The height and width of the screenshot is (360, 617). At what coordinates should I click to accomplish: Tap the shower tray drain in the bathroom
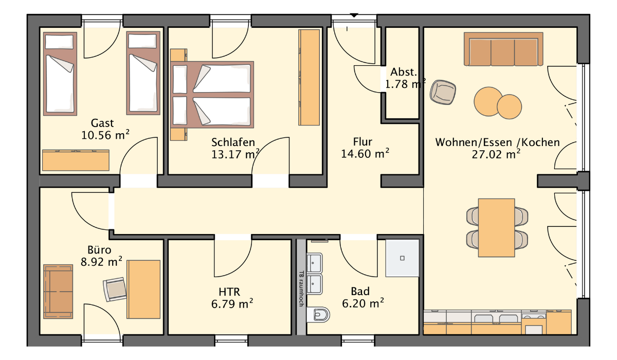(402, 258)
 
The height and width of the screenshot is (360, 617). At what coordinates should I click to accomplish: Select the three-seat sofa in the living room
(503, 49)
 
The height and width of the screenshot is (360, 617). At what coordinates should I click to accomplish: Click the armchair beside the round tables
(443, 92)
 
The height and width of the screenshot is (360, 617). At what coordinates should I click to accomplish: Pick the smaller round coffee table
(510, 106)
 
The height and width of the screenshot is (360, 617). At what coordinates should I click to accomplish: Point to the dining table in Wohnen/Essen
(496, 228)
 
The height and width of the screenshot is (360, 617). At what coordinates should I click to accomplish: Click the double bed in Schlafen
(212, 95)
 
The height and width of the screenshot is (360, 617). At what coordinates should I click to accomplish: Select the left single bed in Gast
(60, 74)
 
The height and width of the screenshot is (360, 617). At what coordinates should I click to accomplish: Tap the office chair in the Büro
(115, 289)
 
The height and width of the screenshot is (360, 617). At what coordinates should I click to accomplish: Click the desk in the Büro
(143, 289)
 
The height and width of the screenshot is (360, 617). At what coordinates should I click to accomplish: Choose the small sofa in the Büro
(58, 292)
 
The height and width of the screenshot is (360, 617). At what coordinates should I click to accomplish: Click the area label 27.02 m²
(496, 154)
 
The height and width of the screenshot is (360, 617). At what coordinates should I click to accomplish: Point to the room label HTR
(229, 292)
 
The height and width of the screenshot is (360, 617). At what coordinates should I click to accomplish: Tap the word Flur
(362, 142)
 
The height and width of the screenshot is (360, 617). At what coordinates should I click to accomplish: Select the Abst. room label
(404, 72)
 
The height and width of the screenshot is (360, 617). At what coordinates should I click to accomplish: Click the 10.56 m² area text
(105, 135)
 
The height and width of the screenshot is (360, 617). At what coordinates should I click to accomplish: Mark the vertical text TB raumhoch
(301, 289)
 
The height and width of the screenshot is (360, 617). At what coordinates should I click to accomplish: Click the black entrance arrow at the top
(354, 15)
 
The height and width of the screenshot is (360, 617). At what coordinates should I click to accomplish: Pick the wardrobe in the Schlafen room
(310, 77)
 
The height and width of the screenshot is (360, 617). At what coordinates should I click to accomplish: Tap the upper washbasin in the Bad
(314, 262)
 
